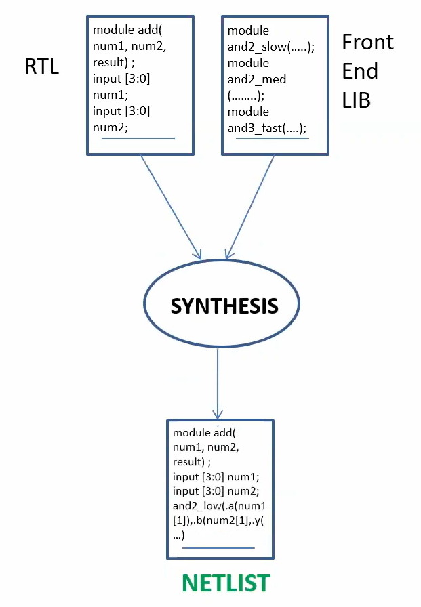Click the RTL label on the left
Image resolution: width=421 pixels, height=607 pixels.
(41, 68)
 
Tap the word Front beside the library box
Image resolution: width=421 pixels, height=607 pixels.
(367, 42)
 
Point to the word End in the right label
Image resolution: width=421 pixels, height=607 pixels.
(360, 71)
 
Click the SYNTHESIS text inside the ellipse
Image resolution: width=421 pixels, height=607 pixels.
(224, 306)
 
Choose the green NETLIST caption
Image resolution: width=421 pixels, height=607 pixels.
(225, 583)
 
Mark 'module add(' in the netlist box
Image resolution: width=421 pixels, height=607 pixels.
(202, 433)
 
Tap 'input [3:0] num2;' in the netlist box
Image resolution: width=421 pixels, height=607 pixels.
(218, 491)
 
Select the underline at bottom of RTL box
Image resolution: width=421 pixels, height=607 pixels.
(138, 138)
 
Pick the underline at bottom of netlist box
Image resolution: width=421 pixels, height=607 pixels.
(218, 547)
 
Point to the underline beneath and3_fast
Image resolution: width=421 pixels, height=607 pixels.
(273, 138)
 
